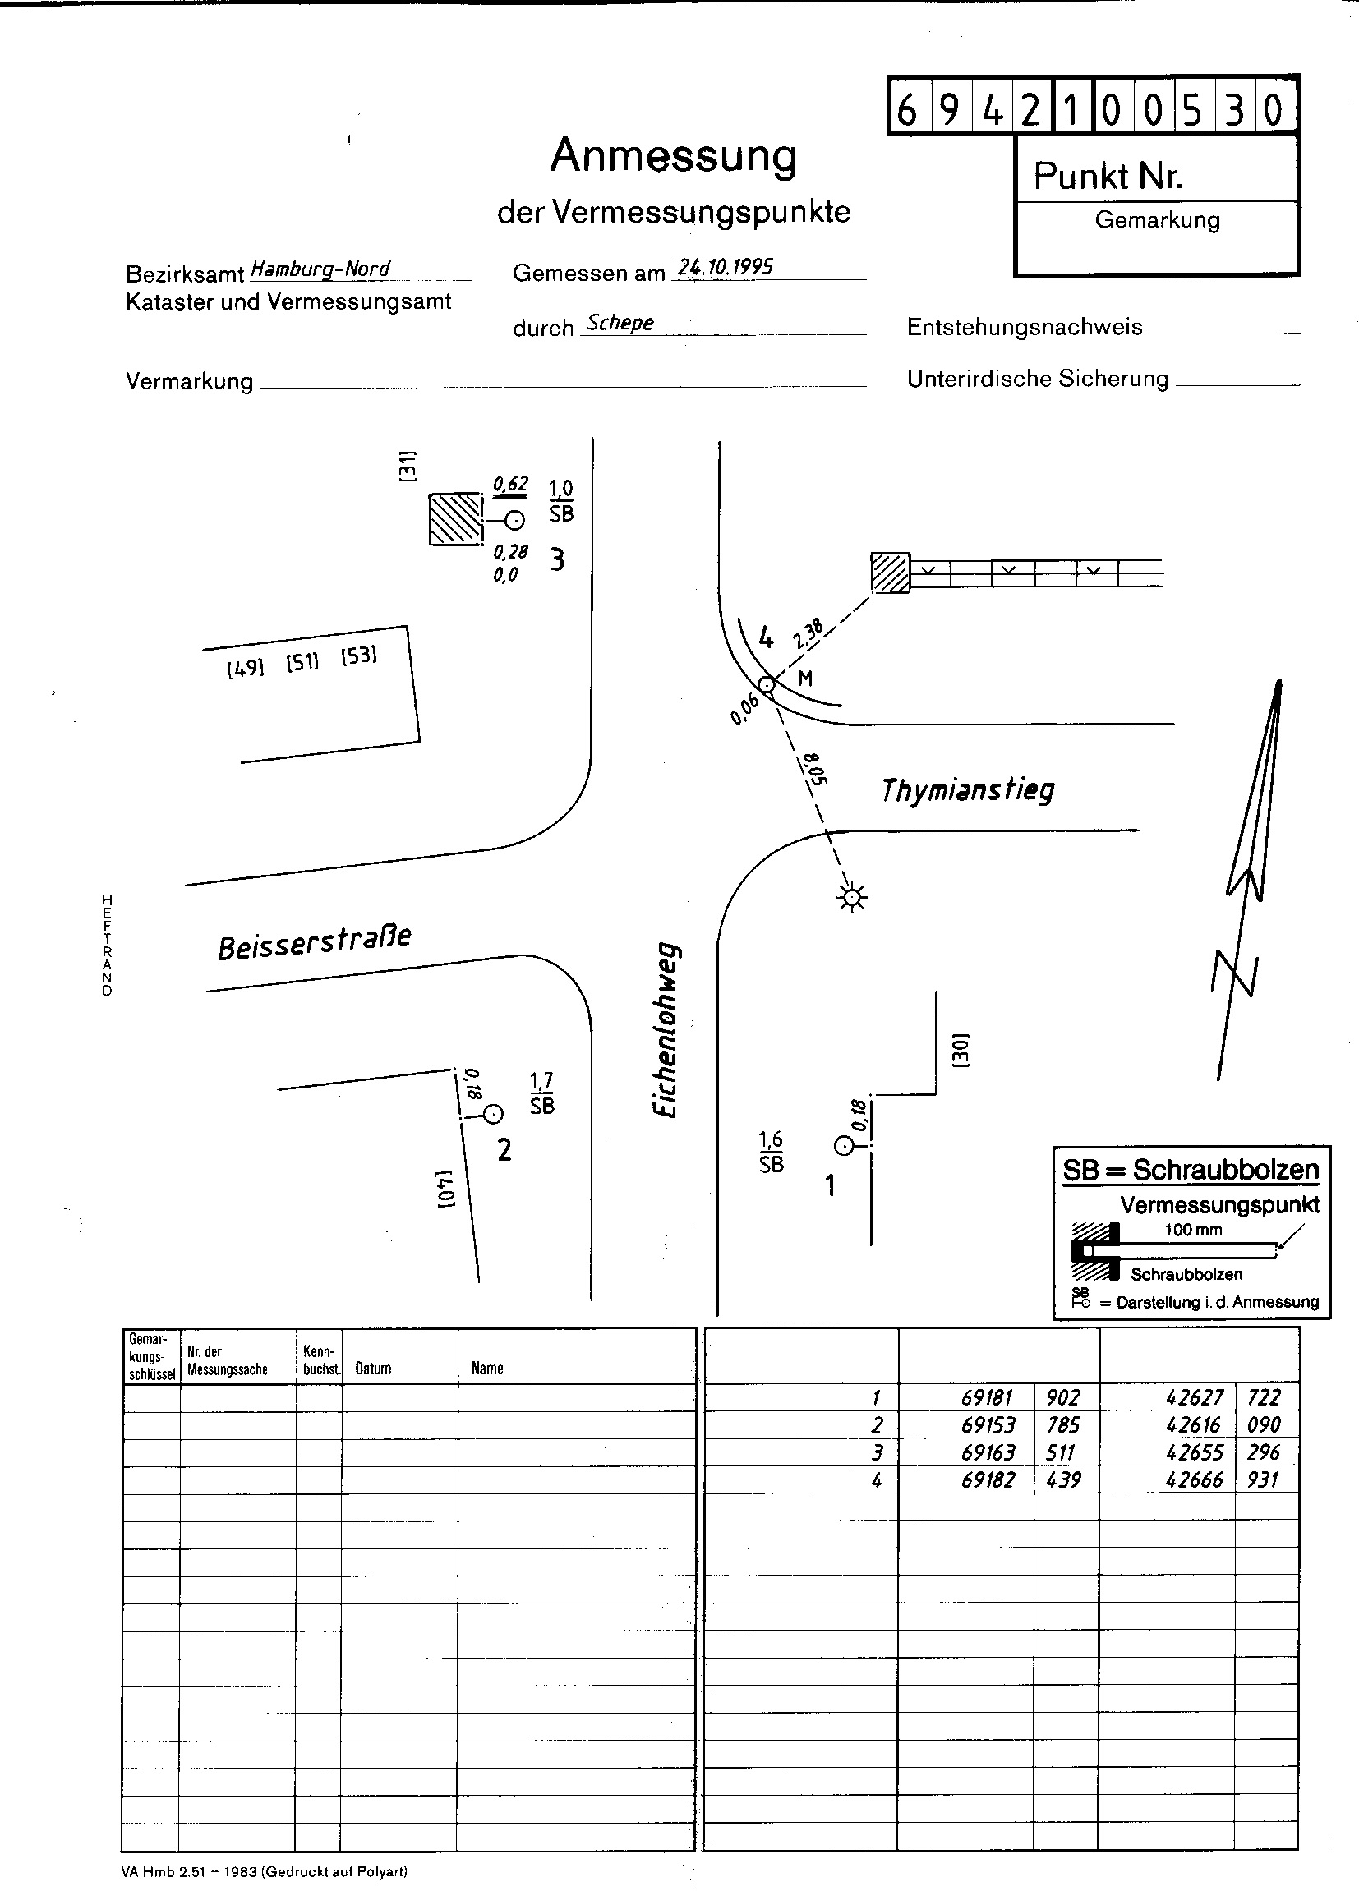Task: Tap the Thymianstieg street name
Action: [967, 789]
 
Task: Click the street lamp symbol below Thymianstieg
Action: [851, 897]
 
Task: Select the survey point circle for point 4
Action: [767, 685]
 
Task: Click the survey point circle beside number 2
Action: [493, 1114]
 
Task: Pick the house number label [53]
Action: [358, 656]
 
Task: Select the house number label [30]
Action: [960, 1050]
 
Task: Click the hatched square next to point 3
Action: [455, 518]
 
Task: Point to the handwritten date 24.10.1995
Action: [725, 267]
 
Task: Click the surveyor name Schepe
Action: [620, 323]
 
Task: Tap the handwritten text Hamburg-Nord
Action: [320, 269]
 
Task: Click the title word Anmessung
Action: [673, 155]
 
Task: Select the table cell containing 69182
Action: [987, 1480]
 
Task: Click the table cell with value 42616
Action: [1194, 1425]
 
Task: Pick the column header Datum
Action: [373, 1369]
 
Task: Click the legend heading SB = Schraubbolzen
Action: [1190, 1170]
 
